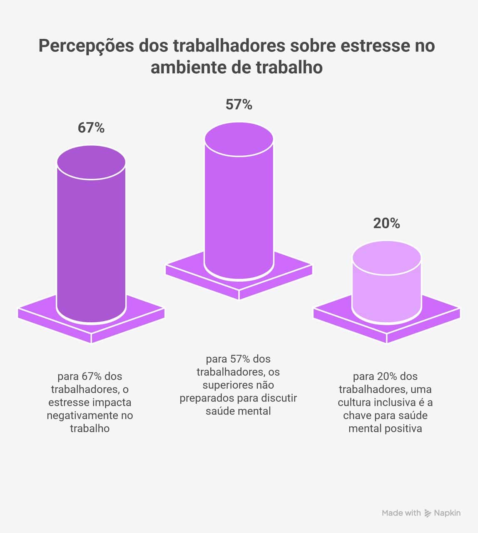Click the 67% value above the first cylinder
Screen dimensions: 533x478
point(91,128)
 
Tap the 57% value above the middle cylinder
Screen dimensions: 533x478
point(239,105)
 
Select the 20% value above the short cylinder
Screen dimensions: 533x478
point(386,224)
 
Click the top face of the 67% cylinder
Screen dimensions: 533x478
point(91,162)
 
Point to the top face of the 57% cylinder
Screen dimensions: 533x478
point(239,139)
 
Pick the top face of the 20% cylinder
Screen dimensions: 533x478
point(386,258)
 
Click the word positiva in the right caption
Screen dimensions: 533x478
point(403,428)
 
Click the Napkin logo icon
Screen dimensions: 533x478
point(428,513)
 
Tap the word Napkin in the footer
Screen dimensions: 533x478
point(447,513)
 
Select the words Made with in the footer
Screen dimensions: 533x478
point(401,513)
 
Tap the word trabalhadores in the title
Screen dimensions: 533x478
point(229,46)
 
